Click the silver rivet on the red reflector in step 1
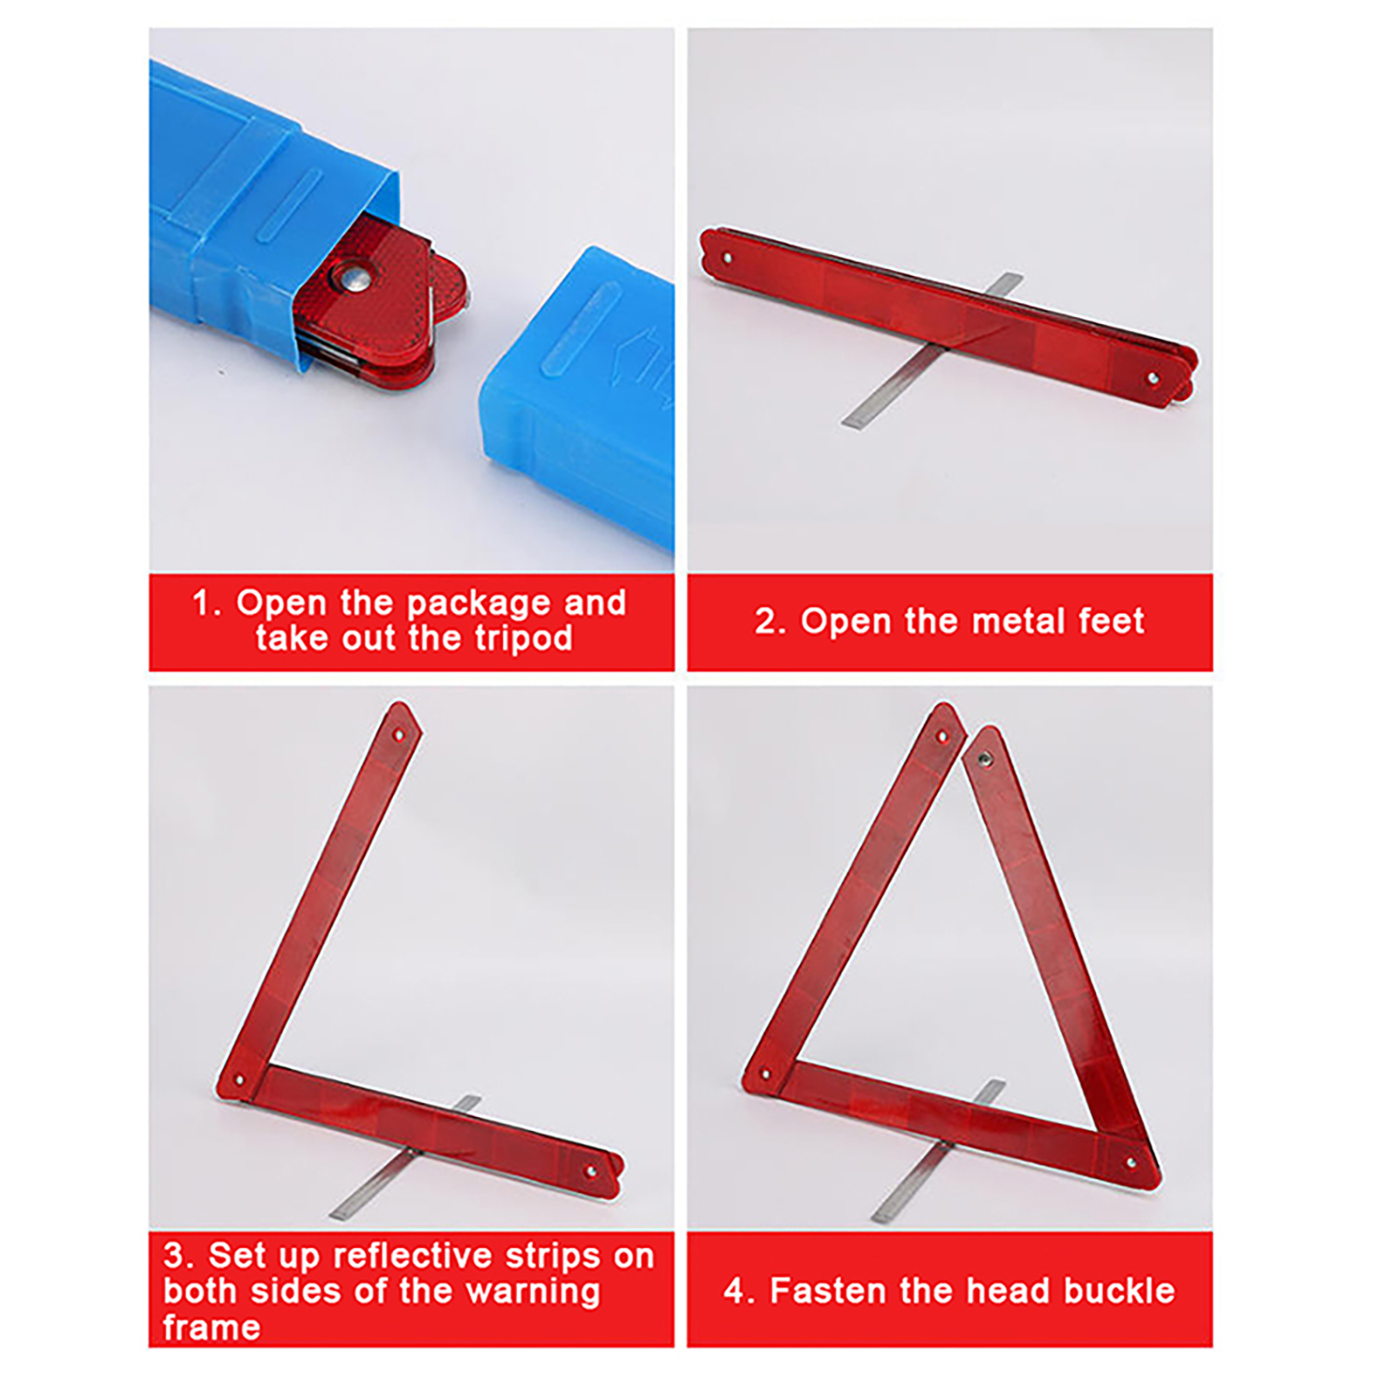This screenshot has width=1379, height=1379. click(355, 277)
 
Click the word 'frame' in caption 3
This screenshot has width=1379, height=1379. click(211, 1327)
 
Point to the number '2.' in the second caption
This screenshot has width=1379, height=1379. click(771, 621)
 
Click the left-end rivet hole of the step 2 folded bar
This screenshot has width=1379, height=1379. click(727, 257)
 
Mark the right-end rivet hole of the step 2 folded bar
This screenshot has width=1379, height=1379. click(1153, 378)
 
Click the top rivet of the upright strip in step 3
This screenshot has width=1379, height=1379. click(398, 735)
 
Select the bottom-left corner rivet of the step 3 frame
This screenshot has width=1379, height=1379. click(240, 1080)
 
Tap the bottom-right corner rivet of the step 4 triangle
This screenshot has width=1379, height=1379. click(1133, 1163)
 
